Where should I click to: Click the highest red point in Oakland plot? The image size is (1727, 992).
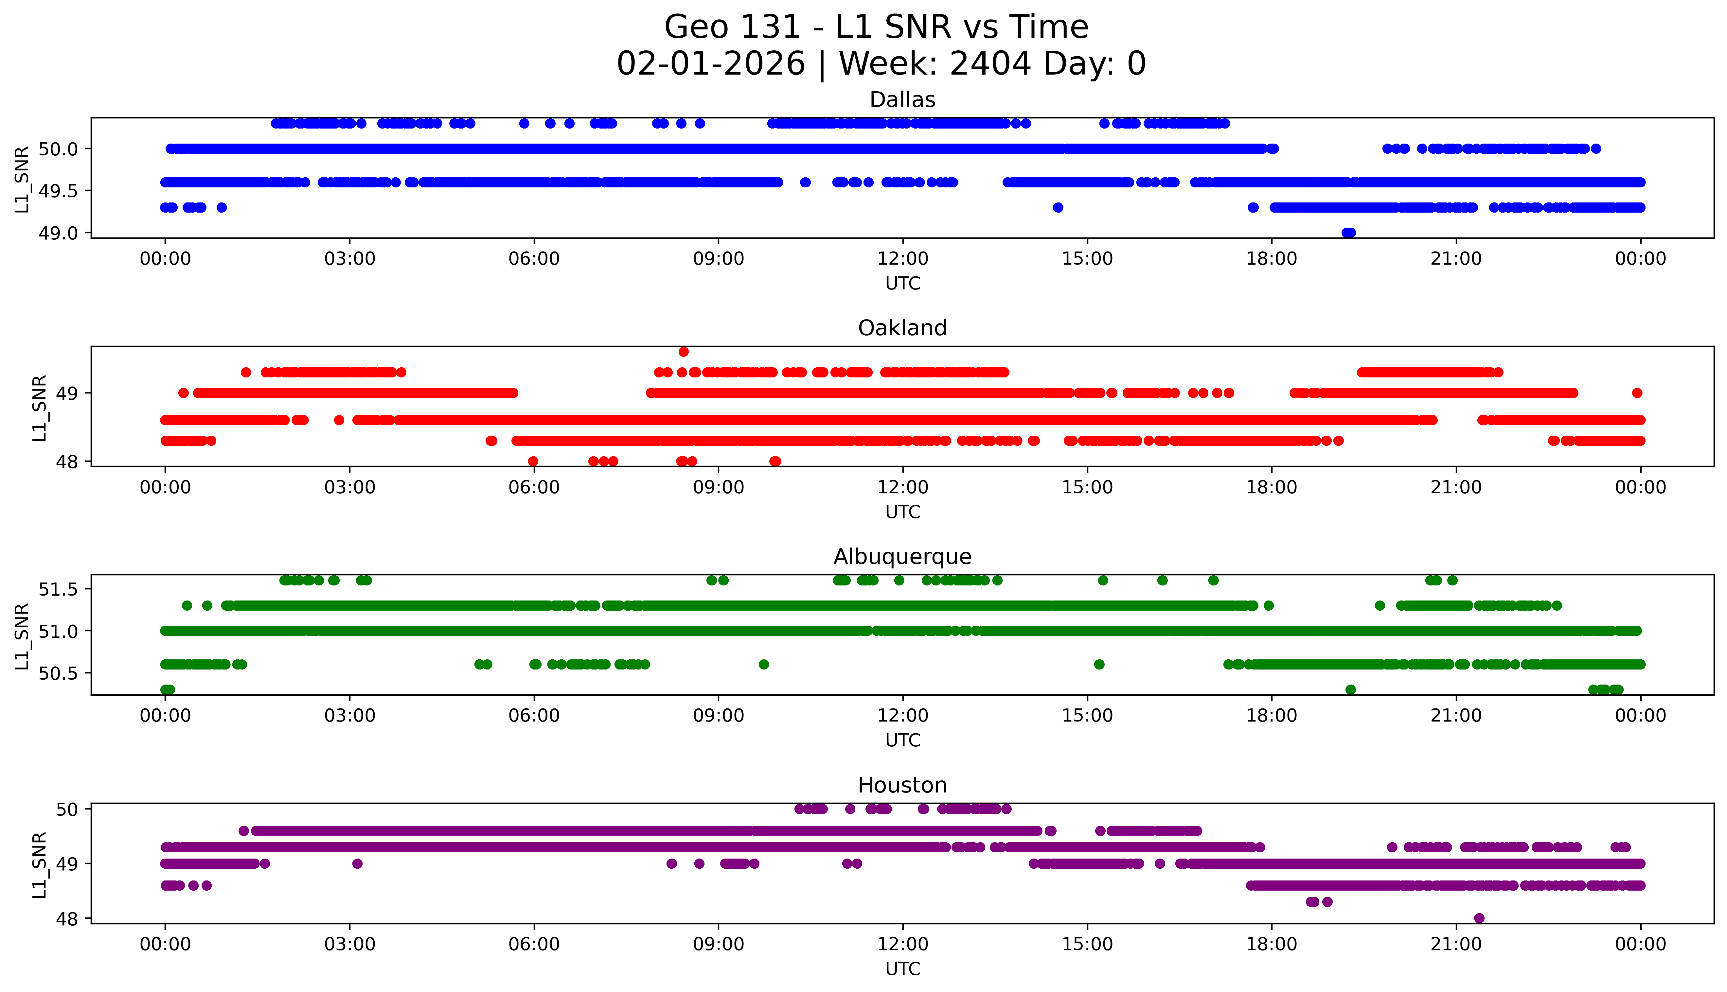[684, 352]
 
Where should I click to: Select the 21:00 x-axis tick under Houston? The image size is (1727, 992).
[1456, 944]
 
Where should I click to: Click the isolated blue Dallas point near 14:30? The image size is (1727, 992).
[1058, 207]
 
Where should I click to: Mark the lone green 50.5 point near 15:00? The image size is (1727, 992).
[1099, 664]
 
